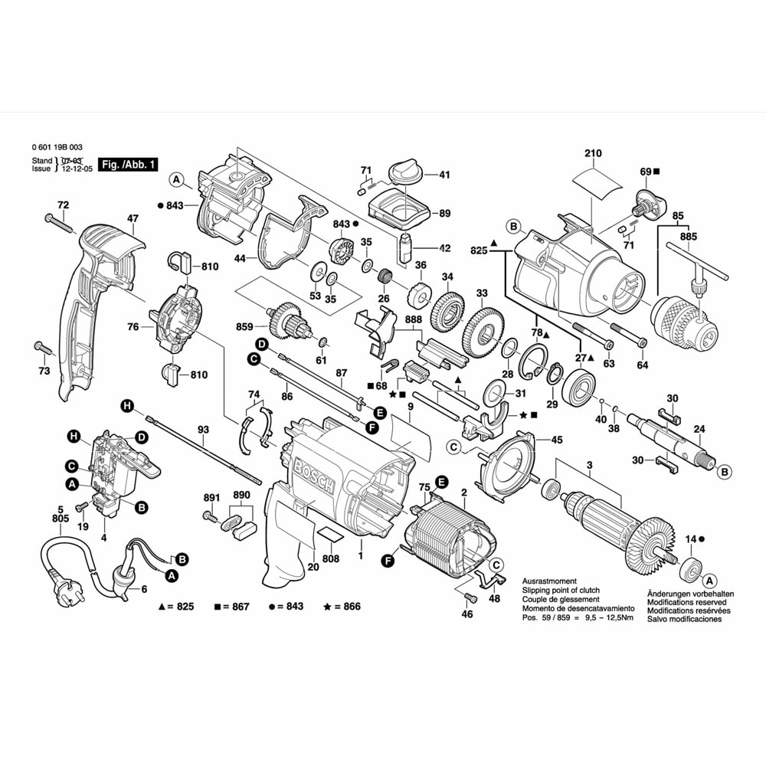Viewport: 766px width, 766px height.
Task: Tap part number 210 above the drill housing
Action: (593, 154)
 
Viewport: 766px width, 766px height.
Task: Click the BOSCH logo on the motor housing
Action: (314, 472)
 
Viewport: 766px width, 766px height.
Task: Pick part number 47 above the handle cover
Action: (133, 219)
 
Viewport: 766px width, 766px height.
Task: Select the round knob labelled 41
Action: (404, 172)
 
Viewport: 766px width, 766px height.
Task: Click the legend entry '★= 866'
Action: (342, 606)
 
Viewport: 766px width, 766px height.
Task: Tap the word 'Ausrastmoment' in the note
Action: (549, 581)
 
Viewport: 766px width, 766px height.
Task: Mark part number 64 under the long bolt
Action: (642, 365)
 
